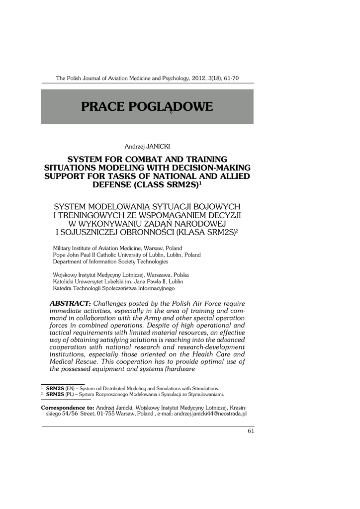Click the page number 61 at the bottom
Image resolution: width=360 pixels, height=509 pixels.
tap(251, 431)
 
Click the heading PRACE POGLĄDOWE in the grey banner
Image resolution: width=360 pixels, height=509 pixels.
tap(147, 106)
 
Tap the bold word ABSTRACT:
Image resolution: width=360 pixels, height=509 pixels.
tap(70, 303)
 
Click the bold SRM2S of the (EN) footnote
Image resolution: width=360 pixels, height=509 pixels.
tap(55, 388)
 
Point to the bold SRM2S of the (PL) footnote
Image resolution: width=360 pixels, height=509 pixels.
tap(55, 394)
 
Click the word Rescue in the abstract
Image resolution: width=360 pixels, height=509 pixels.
tap(91, 362)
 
